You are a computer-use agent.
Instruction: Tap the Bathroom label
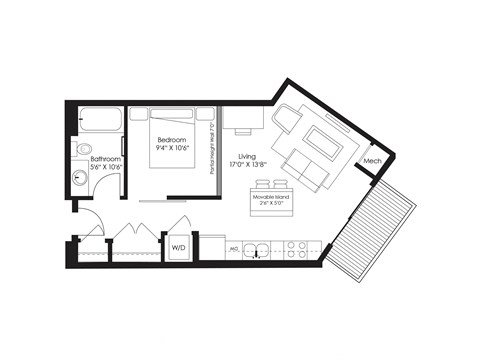[105, 158]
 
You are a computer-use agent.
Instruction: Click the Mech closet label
[373, 161]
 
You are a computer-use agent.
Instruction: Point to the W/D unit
[180, 247]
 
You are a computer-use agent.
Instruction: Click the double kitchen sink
[257, 248]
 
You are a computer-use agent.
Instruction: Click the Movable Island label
[272, 200]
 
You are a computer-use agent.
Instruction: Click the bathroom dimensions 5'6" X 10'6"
[105, 168]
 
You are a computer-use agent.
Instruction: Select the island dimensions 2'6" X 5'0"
[272, 208]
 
